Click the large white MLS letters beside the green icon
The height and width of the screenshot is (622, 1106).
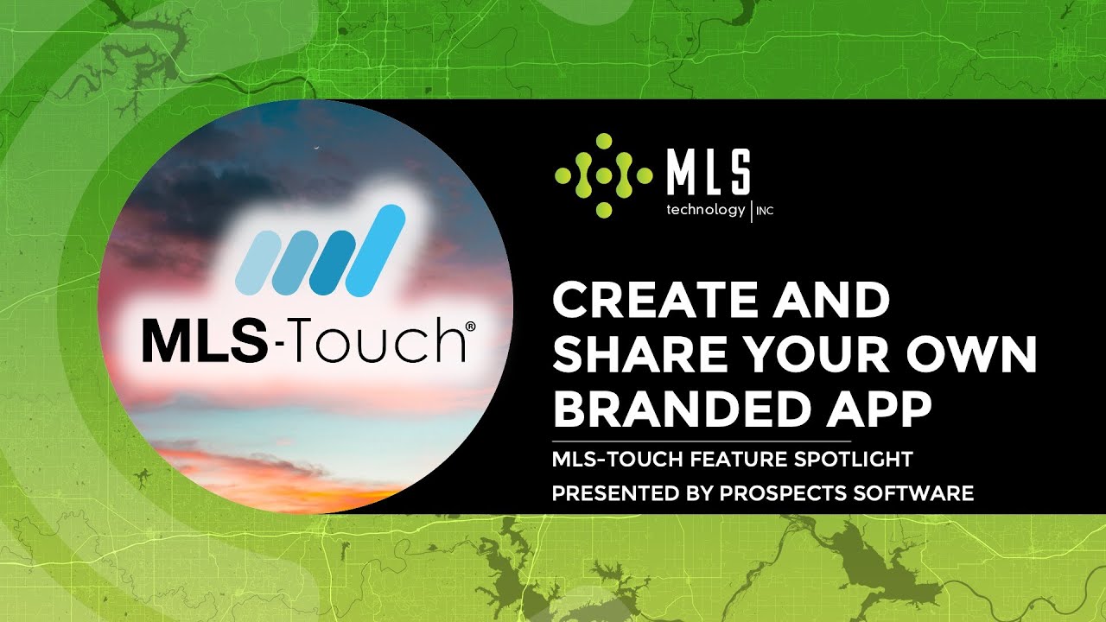pyautogui.click(x=708, y=172)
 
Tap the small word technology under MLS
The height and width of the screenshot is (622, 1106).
pyautogui.click(x=705, y=210)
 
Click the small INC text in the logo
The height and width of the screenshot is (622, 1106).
pyautogui.click(x=765, y=211)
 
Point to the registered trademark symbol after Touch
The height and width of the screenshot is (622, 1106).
pyautogui.click(x=471, y=327)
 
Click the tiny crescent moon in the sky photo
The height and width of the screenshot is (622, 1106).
pyautogui.click(x=317, y=149)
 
